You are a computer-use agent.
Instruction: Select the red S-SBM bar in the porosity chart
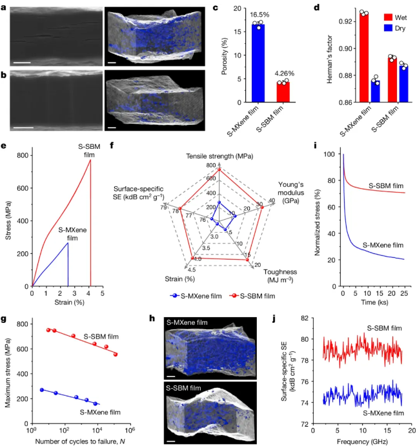(x=281, y=92)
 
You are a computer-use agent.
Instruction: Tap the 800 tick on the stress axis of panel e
(x=23, y=155)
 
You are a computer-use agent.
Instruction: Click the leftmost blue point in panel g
(x=43, y=390)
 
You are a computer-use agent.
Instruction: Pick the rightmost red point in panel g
(x=116, y=354)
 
